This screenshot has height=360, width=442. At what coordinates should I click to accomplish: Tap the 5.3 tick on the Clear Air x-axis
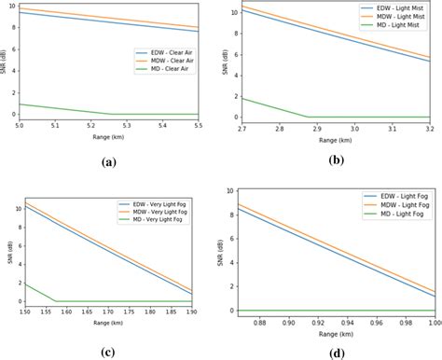click(x=128, y=125)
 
